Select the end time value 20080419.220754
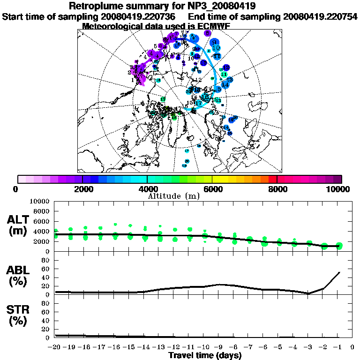coord(320,16)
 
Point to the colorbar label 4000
coord(147,189)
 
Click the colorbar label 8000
coord(277,189)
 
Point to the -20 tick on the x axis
coord(55,347)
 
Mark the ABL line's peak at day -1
coord(339,272)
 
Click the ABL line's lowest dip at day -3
coord(309,293)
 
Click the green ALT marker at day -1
coord(339,246)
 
